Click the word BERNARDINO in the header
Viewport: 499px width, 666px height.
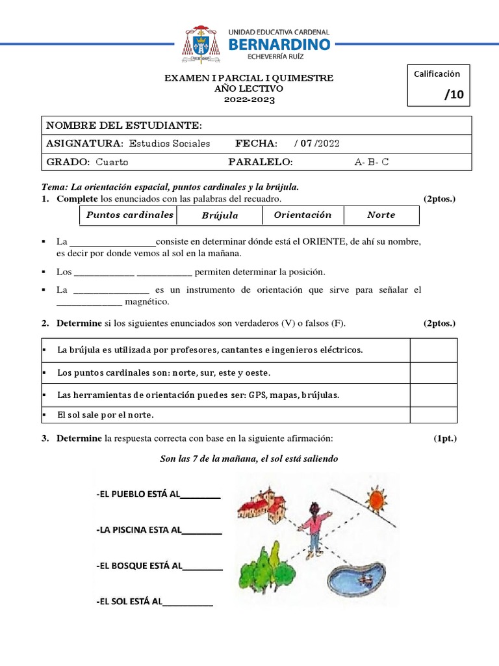(279, 44)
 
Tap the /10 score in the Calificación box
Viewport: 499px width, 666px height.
(454, 95)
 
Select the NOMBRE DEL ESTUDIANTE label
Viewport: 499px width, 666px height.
(124, 126)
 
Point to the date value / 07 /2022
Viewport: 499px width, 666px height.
(317, 144)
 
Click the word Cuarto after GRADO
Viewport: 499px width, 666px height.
(112, 162)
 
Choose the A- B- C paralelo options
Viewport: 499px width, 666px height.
(372, 162)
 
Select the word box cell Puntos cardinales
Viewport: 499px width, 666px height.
(130, 215)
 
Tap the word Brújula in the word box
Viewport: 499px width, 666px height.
(220, 215)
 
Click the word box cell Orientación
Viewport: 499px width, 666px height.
(303, 215)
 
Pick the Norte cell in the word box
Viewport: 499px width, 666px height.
(381, 215)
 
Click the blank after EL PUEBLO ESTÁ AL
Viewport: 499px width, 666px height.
(201, 495)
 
